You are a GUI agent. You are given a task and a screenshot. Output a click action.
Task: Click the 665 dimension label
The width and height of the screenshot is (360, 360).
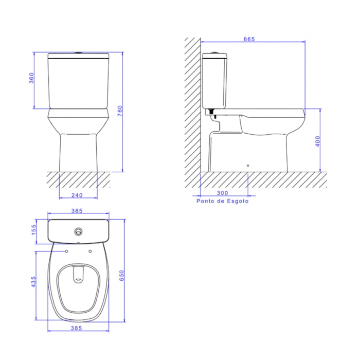coord(249,39)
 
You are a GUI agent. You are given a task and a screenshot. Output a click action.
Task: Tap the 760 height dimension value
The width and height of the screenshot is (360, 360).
coord(120,111)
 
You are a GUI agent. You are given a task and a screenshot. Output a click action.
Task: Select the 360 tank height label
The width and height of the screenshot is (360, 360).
coord(31,78)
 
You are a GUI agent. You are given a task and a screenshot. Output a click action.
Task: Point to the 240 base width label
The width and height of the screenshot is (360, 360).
coord(77,195)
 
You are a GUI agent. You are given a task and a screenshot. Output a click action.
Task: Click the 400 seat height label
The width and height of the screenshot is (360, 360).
coord(317,141)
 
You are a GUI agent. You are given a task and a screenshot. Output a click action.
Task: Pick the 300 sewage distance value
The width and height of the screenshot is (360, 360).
coord(223,193)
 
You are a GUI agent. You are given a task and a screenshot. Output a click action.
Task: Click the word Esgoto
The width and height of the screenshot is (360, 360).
coord(238,201)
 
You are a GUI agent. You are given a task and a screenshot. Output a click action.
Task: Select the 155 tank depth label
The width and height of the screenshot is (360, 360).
coord(33,230)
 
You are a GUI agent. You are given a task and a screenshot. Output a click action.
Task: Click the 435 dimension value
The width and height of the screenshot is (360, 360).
coord(33,281)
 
